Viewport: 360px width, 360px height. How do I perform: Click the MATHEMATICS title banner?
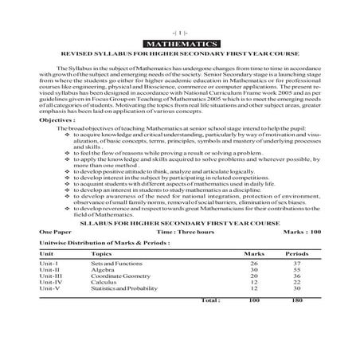pos(179,41)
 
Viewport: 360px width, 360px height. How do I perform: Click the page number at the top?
pos(179,28)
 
